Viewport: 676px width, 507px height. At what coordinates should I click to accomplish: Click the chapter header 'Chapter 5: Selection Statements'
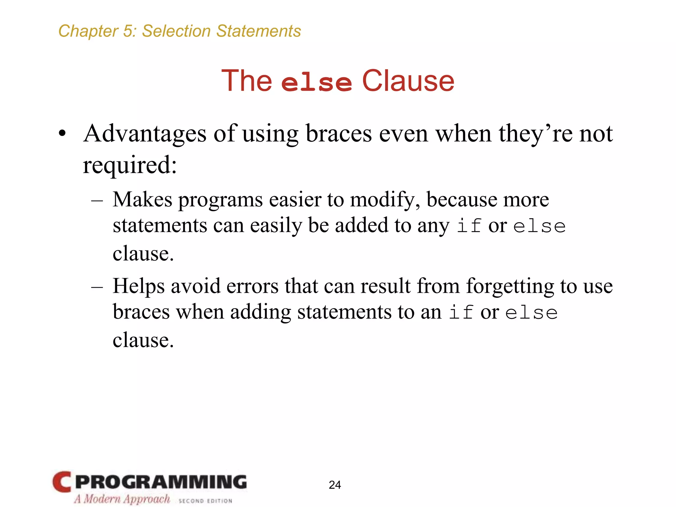(180, 31)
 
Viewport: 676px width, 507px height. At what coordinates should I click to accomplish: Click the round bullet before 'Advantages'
(62, 134)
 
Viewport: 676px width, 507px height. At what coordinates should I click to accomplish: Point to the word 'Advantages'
(145, 134)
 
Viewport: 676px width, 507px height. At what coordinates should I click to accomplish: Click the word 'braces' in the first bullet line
(339, 134)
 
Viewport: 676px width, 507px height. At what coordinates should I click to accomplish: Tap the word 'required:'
(130, 165)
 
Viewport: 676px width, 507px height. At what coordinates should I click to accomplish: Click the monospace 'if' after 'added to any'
(469, 226)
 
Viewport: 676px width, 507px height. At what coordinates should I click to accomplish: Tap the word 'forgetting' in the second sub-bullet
(510, 286)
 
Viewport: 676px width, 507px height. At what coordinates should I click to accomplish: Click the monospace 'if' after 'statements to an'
(461, 313)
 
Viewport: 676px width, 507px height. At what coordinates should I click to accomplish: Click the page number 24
(335, 485)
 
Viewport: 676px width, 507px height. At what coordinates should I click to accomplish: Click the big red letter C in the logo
(62, 482)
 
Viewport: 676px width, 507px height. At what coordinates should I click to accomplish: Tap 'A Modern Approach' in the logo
(122, 499)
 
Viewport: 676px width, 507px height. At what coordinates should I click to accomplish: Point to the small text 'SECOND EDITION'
(205, 501)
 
